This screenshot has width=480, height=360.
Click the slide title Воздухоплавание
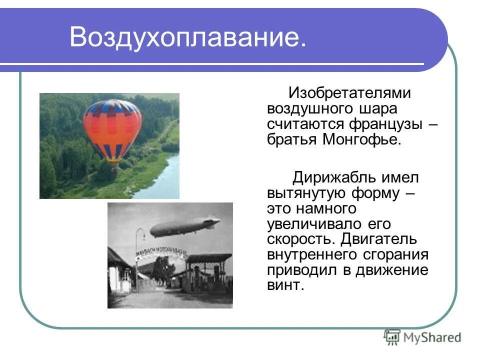tap(187, 37)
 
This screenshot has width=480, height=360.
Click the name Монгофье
tap(361, 139)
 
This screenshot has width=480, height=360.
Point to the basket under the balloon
tap(115, 167)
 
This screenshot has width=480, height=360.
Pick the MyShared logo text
tap(432, 337)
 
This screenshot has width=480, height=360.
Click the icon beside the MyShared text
tap(392, 337)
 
